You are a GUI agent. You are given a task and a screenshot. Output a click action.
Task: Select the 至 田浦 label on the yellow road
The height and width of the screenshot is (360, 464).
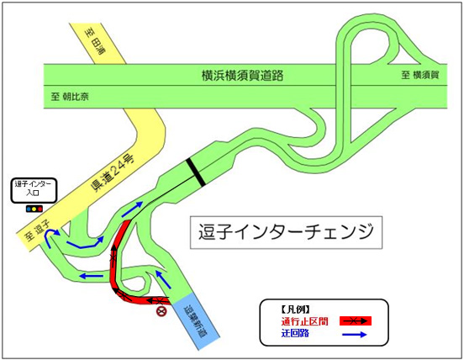98,40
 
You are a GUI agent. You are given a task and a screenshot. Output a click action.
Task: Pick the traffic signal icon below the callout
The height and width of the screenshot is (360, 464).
34,207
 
